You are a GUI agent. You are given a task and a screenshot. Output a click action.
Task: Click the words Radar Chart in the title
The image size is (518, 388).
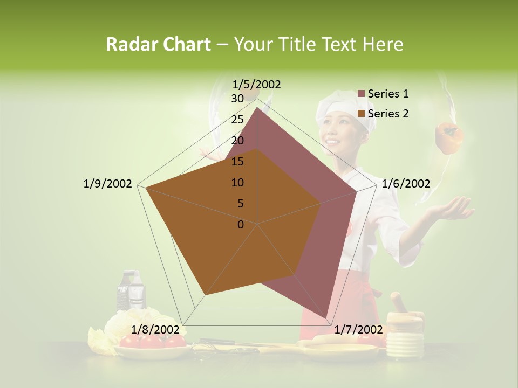pos(158,44)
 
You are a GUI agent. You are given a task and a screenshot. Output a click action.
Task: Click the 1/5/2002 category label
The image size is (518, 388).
pos(257,84)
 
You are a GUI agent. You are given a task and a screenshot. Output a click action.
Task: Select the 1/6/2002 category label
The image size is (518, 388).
pos(406,184)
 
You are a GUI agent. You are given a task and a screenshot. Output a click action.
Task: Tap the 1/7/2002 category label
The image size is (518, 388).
pos(359,330)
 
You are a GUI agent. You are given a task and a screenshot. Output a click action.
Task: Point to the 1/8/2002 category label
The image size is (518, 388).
pos(155,330)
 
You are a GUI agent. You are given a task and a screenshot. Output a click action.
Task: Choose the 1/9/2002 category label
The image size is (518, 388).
pos(107,184)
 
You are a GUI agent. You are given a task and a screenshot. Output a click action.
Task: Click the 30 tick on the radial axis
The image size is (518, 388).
pos(237,98)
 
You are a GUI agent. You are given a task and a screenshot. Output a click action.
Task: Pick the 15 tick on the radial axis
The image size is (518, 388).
pos(237,162)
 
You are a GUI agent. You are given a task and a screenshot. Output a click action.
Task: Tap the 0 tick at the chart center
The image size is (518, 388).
pos(241,225)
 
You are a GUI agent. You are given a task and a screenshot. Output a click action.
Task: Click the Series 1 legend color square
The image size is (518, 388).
pos(362,94)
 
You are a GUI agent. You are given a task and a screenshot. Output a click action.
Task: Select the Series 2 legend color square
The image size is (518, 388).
pos(362,114)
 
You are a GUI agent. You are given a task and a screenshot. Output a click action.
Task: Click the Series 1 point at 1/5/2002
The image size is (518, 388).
pos(257,107)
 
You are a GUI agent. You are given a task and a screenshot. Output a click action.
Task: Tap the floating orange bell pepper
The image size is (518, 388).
pos(449,138)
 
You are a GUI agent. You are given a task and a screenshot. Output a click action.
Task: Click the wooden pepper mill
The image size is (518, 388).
pos(404,327)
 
